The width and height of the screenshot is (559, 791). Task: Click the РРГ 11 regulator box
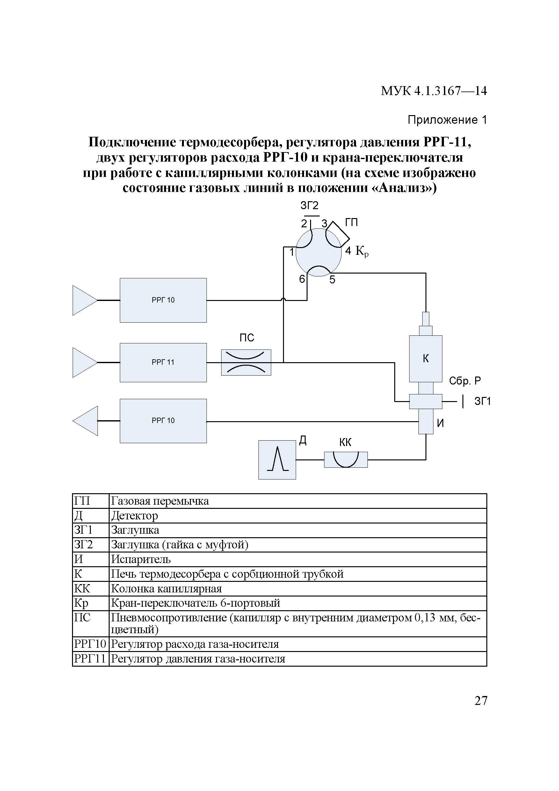(163, 363)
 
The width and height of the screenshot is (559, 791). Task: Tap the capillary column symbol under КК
(345, 459)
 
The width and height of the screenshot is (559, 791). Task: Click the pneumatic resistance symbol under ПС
(246, 363)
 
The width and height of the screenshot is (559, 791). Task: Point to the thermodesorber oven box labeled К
(425, 359)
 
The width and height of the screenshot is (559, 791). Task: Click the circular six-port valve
(318, 253)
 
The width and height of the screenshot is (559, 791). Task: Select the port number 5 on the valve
(332, 280)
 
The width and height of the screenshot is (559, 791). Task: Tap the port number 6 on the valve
(302, 279)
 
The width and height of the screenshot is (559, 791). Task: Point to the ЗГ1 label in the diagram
(482, 401)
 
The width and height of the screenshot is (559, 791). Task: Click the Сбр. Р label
(465, 381)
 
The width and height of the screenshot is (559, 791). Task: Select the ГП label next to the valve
(351, 223)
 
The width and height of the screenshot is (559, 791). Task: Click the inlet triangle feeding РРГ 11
(85, 363)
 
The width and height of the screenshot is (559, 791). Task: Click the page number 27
(481, 701)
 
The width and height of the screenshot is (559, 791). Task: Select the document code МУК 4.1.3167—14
(434, 91)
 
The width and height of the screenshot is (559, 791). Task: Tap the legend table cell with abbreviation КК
(82, 589)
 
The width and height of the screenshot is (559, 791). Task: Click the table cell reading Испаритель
(141, 559)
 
